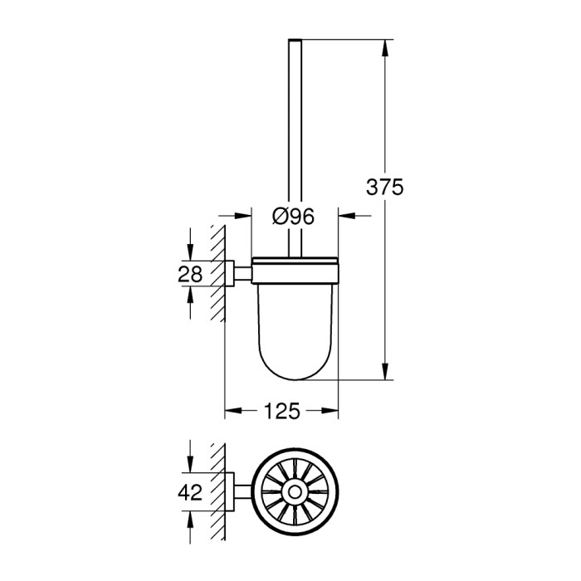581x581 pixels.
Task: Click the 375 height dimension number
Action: coord(384,188)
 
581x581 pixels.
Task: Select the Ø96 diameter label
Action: coord(293,217)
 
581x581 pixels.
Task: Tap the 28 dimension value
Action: coord(191,274)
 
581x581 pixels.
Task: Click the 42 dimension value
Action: coord(191,492)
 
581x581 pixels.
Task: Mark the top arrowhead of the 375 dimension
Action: coord(385,46)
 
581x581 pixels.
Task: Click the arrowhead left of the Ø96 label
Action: coord(244,217)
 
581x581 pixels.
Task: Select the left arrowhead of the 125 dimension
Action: coord(232,411)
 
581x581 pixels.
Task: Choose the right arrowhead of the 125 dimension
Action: coord(331,411)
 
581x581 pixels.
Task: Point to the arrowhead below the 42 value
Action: coord(192,514)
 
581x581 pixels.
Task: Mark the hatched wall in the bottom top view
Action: coord(219,493)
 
